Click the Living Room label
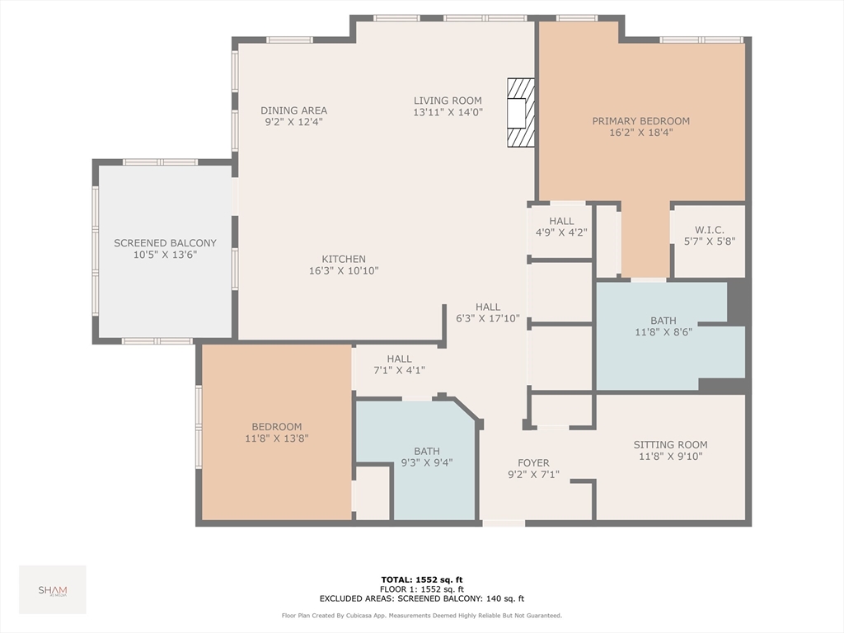point(448,101)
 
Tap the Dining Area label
point(294,110)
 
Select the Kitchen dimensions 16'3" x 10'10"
point(344,270)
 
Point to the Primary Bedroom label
point(641,121)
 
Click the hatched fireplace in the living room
point(521,112)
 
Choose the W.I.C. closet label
point(710,230)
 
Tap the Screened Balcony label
point(165,243)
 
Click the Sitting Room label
point(671,444)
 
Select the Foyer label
point(533,463)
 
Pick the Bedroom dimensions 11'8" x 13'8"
point(277,438)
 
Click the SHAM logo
point(53,590)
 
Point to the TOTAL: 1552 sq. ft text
point(422,579)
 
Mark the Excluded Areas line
point(422,598)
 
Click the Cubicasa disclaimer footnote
point(422,615)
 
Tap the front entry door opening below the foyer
point(504,523)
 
